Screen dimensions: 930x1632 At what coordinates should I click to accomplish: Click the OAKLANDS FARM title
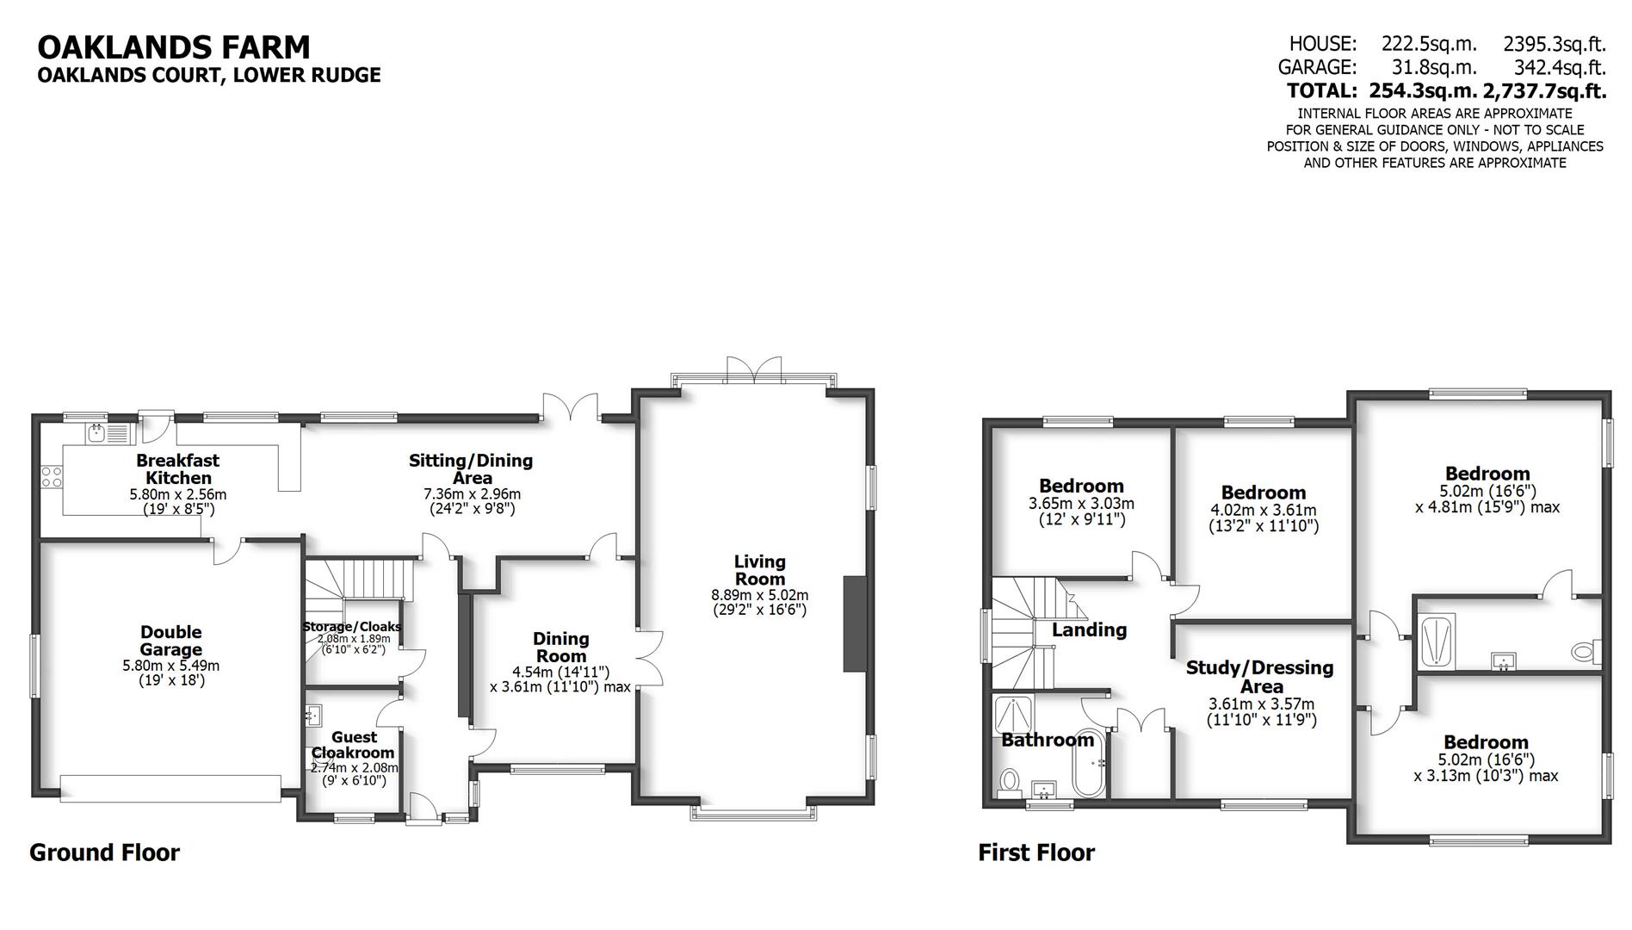pos(173,46)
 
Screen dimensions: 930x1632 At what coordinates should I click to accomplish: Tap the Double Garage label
pos(171,642)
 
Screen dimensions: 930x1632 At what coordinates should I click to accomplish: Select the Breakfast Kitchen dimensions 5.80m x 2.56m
pos(178,494)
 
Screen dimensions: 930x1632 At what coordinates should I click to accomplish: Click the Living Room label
pos(759,570)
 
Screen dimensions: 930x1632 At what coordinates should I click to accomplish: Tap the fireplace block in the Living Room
pos(855,623)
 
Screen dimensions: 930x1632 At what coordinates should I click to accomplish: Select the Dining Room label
pos(560,647)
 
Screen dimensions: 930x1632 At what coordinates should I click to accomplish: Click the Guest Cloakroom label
pos(354,745)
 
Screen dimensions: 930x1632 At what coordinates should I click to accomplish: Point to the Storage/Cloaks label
pos(352,627)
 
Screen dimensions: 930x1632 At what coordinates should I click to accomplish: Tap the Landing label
pos(1089,629)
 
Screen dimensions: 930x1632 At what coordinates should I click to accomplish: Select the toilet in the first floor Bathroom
pos(1009,782)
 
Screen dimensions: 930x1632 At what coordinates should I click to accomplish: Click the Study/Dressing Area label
pos(1261,677)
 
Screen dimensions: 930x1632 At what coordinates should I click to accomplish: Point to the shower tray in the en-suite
pos(1435,642)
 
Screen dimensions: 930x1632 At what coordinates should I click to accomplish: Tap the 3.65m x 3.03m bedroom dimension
pos(1081,504)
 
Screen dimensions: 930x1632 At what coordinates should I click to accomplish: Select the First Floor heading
pos(1035,852)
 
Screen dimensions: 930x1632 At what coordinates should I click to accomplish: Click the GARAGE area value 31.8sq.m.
pos(1434,67)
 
